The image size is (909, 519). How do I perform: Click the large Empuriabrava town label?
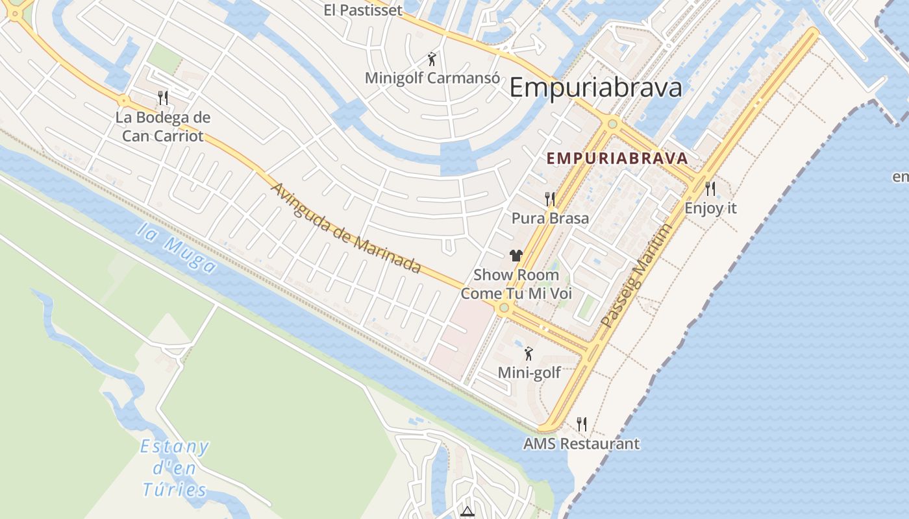click(x=595, y=88)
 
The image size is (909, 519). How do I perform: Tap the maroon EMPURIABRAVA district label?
click(x=617, y=158)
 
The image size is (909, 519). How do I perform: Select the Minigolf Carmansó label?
click(x=432, y=78)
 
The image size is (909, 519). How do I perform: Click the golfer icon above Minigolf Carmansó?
click(x=432, y=59)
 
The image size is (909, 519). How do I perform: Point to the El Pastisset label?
click(x=363, y=10)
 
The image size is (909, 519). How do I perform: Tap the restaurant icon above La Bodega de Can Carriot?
click(x=163, y=98)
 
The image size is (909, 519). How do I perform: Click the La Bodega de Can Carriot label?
click(x=163, y=127)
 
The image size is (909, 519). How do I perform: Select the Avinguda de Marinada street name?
click(x=345, y=228)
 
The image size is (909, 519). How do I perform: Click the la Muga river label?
click(x=177, y=248)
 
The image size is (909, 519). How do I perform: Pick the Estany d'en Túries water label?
click(x=175, y=468)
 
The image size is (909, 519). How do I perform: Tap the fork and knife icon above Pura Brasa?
click(x=550, y=199)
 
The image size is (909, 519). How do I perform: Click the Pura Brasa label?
click(x=550, y=218)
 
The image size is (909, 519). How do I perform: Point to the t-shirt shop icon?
click(x=516, y=256)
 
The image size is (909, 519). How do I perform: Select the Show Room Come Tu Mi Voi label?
click(x=516, y=284)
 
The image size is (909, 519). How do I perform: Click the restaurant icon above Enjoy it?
click(x=710, y=189)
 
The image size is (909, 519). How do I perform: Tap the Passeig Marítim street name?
click(x=635, y=275)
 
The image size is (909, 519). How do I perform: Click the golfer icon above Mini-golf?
click(x=529, y=354)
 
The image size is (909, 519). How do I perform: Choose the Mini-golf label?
click(x=529, y=373)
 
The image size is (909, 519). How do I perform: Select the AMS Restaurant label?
click(x=582, y=444)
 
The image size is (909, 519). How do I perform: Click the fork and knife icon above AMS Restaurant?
click(x=582, y=424)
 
